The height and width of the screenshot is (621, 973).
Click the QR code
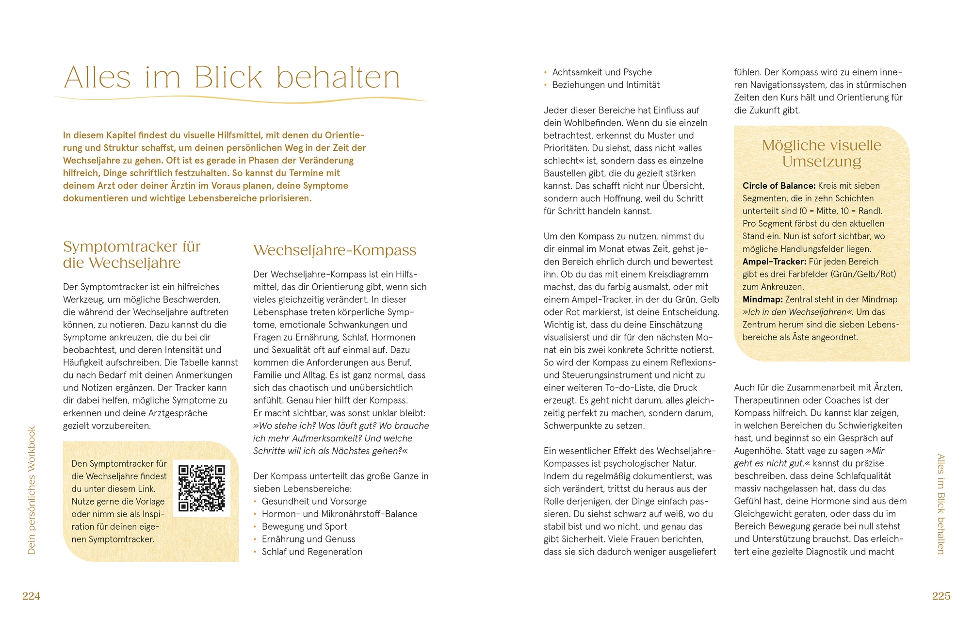tap(201, 488)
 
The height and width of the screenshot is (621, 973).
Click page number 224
tap(31, 596)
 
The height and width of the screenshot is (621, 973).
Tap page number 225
tap(941, 596)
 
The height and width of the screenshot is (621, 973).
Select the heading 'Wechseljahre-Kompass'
tap(335, 250)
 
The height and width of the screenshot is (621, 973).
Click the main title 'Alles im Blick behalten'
tap(232, 78)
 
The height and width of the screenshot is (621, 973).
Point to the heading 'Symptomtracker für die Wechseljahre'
tap(131, 255)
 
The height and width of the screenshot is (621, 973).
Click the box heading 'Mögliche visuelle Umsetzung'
tap(821, 153)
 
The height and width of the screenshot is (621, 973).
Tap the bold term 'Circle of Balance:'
tap(779, 186)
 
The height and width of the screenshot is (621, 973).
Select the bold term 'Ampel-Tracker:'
tap(774, 261)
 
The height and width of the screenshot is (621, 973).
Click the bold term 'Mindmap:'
tap(762, 299)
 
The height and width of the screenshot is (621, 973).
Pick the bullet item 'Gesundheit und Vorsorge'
tap(314, 501)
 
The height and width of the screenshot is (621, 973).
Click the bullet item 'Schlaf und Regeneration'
tap(312, 552)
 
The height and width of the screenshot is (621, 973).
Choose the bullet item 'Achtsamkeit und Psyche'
tap(602, 72)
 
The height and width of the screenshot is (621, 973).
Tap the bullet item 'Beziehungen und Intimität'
tap(606, 85)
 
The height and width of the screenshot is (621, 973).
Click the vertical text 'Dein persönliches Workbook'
tap(32, 490)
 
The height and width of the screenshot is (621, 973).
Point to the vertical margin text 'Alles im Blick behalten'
tap(941, 504)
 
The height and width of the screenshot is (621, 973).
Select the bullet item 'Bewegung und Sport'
tap(305, 526)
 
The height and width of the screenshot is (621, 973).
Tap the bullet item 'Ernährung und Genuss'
tap(308, 539)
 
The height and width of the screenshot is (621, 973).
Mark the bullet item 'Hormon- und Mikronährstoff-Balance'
tap(340, 514)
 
